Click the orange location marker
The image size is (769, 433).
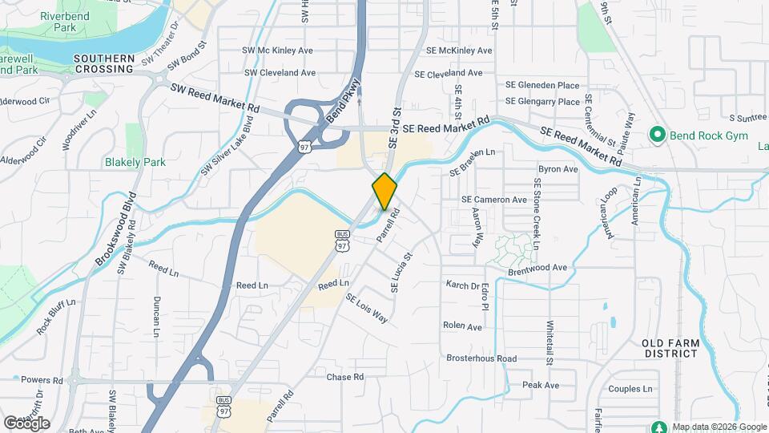pyautogui.click(x=384, y=191)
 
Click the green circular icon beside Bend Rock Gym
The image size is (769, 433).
pyautogui.click(x=658, y=133)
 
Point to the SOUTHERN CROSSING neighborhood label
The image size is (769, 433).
pyautogui.click(x=103, y=64)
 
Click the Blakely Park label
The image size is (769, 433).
pyautogui.click(x=135, y=162)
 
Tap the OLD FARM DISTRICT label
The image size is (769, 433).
pyautogui.click(x=671, y=348)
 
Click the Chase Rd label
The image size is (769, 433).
pyautogui.click(x=345, y=377)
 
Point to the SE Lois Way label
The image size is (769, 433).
pyautogui.click(x=367, y=308)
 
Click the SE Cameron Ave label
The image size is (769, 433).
pyautogui.click(x=494, y=200)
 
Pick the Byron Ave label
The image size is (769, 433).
pyautogui.click(x=558, y=169)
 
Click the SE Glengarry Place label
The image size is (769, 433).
pyautogui.click(x=542, y=102)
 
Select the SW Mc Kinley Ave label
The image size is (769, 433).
pyautogui.click(x=278, y=50)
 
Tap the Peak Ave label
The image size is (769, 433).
pyautogui.click(x=541, y=385)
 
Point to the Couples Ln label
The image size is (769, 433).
pyautogui.click(x=631, y=389)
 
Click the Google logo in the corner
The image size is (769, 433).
pyautogui.click(x=26, y=423)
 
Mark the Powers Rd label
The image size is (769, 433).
pyautogui.click(x=36, y=379)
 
